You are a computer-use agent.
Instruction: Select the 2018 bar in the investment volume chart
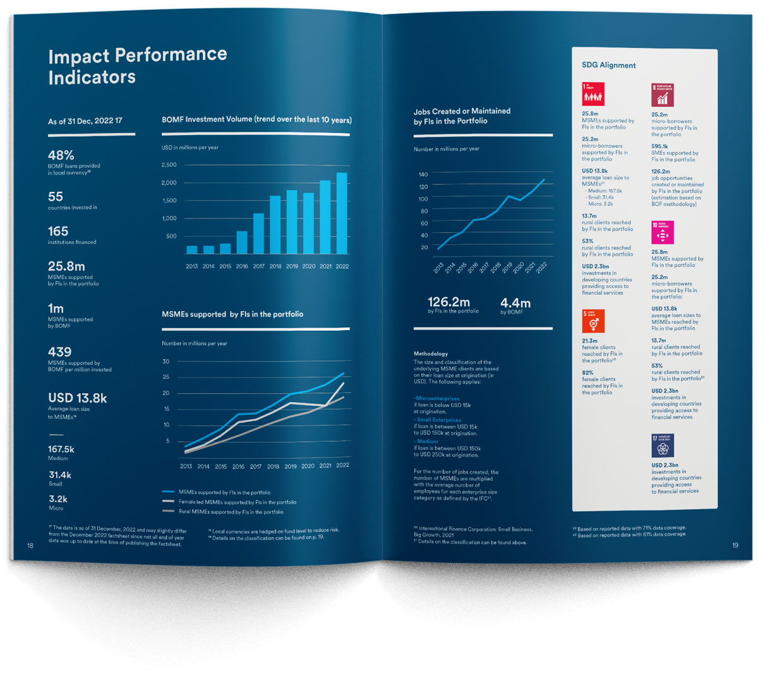coord(275,225)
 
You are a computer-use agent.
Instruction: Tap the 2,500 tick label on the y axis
coord(169,165)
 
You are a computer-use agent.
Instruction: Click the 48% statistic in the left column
coord(61,155)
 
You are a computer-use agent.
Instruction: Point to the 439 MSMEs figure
coord(60,352)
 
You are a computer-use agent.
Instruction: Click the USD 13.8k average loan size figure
coord(78,398)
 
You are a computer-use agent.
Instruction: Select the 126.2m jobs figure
coord(448,302)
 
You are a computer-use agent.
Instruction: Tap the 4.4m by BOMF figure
coord(515,303)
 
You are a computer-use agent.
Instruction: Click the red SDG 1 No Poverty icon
coord(593,95)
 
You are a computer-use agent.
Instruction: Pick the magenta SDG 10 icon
coord(663,232)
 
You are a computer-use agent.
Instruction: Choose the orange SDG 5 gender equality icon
coord(593,321)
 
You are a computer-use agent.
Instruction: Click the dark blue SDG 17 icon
coord(663,446)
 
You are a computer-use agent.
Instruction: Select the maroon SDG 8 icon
coord(663,95)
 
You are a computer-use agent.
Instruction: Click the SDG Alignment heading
coord(609,66)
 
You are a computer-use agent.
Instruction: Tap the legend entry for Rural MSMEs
coord(231,512)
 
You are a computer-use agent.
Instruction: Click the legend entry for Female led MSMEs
coord(237,502)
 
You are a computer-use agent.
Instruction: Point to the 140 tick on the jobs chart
coord(423,174)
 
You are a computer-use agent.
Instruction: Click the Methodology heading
coord(431,354)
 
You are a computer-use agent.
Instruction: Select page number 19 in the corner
coord(735,545)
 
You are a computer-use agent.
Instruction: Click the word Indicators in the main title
coord(92,78)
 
